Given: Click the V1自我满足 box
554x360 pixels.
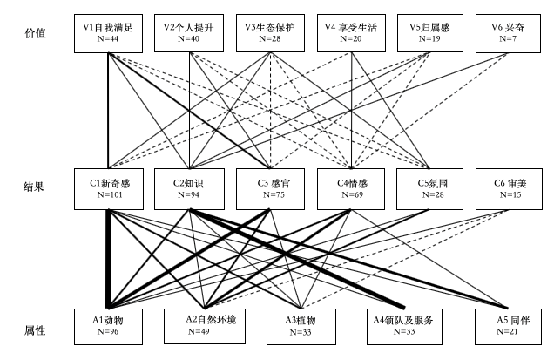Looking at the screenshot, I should coord(108,34).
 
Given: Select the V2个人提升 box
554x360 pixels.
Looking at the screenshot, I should coord(187,34).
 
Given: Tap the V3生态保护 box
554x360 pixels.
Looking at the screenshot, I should coord(269,34).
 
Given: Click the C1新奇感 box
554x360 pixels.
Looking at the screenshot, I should coord(108,189).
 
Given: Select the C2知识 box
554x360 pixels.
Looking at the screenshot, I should coord(187,189).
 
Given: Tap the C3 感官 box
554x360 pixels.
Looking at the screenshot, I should coord(269,189).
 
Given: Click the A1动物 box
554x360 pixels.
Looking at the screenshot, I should coord(108,326).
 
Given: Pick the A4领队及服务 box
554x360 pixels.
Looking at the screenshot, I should coord(402,326).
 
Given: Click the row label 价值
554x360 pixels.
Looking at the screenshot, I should coord(35,33).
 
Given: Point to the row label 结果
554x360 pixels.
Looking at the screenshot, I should coord(35,187).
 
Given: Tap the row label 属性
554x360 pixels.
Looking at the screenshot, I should coord(35,332).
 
